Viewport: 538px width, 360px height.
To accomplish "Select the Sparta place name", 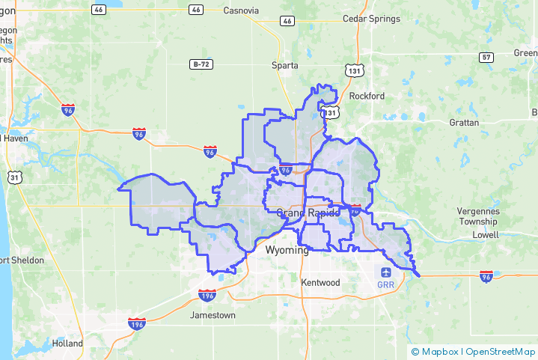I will coord(285,65).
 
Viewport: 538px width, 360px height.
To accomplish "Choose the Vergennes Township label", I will coord(478,216).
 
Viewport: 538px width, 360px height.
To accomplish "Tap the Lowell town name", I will coord(485,234).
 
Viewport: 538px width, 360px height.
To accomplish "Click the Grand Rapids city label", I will coord(308,213).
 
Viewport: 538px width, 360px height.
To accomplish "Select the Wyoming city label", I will coord(287,249).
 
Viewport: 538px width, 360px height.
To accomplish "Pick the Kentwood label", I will coord(320,282).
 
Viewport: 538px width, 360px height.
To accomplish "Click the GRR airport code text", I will coord(386,285).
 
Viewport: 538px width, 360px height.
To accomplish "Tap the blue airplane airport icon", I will coord(386,272).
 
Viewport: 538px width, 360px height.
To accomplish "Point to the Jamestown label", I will coord(213,315).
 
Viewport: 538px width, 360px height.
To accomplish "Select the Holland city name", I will coord(67,344).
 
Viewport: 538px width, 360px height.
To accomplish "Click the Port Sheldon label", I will coord(21,260).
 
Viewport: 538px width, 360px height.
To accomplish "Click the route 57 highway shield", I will coord(487,57).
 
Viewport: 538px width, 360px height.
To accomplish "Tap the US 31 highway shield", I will coord(14,177).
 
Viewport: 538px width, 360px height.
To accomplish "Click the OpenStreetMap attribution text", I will coord(500,351).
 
